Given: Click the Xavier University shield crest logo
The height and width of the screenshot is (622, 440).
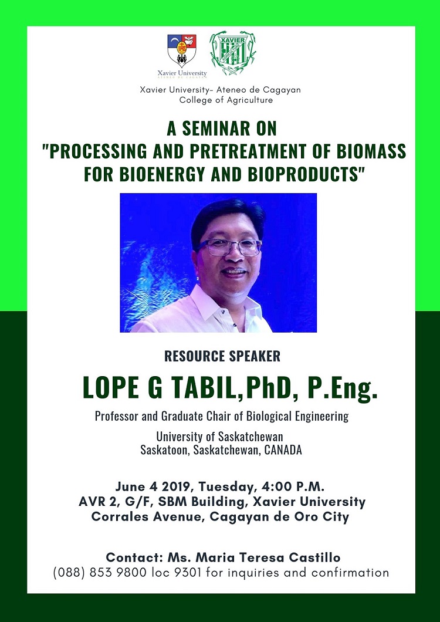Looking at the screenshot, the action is click(x=182, y=50).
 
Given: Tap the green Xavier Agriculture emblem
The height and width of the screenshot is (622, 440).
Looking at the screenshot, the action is click(x=233, y=53).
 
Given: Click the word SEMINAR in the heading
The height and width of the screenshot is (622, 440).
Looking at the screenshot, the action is click(x=216, y=129).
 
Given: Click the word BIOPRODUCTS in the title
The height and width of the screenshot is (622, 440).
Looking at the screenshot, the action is click(x=303, y=174).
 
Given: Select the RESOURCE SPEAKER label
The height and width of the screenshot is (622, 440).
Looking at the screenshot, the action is click(x=222, y=356).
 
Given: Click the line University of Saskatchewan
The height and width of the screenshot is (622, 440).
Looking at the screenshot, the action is click(x=220, y=437).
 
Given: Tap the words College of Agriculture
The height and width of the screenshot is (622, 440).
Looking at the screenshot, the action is click(x=226, y=100).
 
